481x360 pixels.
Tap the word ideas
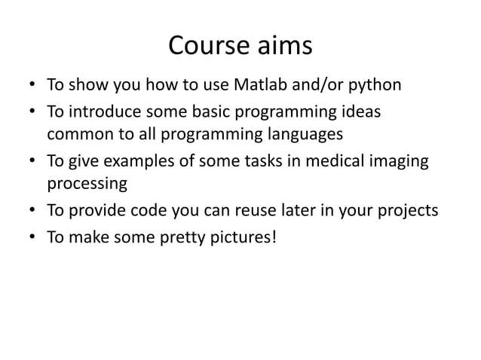pos(360,112)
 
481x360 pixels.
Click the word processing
pos(85,185)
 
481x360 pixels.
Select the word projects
pos(406,211)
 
